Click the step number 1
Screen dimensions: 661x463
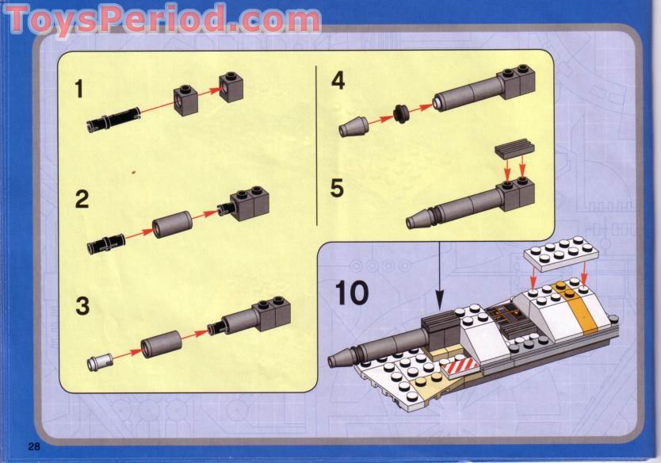coord(78,90)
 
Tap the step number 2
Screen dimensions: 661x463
coord(82,199)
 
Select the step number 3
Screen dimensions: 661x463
coord(82,306)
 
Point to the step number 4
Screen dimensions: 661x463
coord(338,81)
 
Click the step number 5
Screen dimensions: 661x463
coord(338,188)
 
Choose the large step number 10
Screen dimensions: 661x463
coord(352,293)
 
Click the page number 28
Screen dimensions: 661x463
coord(34,446)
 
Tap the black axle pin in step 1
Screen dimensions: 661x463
coord(113,117)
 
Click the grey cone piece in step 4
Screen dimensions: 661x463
coord(353,127)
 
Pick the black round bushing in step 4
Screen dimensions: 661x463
coord(401,114)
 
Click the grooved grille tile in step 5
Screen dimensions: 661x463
coord(514,148)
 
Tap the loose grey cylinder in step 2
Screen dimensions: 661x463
coord(172,224)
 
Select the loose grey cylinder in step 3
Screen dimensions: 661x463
coord(161,344)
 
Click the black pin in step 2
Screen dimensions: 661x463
coord(107,243)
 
